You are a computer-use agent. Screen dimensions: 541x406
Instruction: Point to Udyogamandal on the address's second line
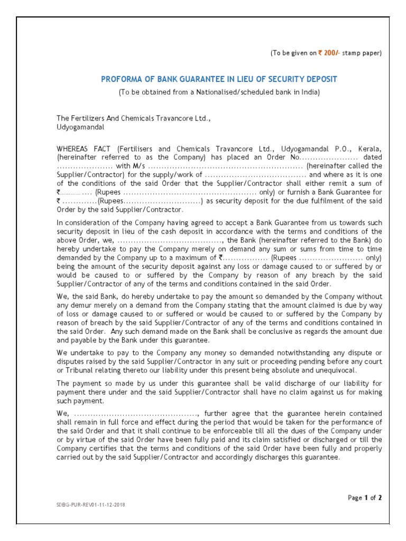pyautogui.click(x=80, y=127)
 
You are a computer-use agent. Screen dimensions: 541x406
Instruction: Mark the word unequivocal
pyautogui.click(x=330, y=370)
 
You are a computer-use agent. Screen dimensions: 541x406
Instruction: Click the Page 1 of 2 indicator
pyautogui.click(x=365, y=497)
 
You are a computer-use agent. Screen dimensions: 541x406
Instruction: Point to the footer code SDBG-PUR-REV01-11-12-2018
pyautogui.click(x=91, y=505)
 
